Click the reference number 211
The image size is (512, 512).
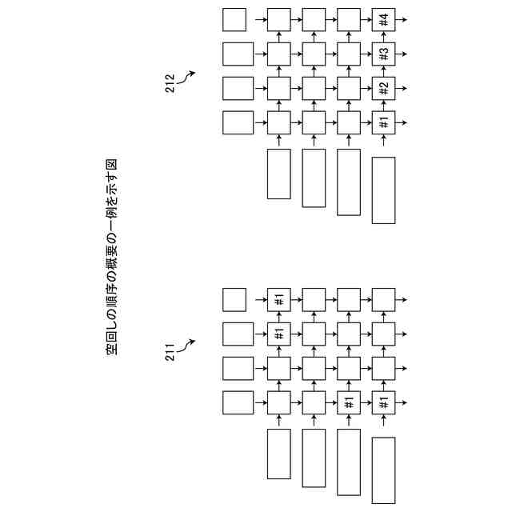[x=170, y=353]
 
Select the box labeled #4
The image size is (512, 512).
[x=383, y=19]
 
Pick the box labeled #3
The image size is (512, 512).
[x=383, y=54]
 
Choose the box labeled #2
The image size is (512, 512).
[x=383, y=89]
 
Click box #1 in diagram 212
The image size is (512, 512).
[x=383, y=123]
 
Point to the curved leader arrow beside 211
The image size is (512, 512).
[x=190, y=344]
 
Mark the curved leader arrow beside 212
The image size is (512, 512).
[x=190, y=76]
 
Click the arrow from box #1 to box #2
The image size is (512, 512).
[x=383, y=106]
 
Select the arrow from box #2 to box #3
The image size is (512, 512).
[x=383, y=71]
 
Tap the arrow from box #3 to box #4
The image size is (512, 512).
[x=383, y=37]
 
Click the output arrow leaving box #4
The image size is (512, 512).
[x=403, y=19]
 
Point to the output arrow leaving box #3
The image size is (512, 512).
[x=403, y=54]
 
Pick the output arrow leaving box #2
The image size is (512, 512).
[x=403, y=89]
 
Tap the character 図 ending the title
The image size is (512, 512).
[x=112, y=164]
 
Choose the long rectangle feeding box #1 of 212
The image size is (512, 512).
[x=383, y=190]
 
